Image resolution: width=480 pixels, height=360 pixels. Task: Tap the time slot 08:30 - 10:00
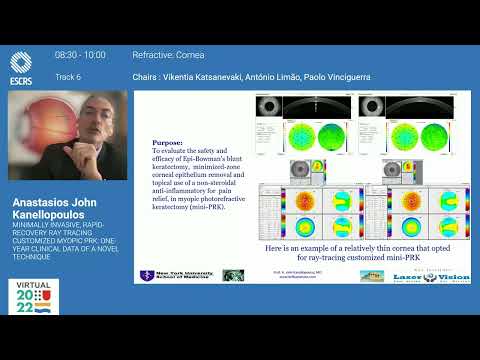[81, 55]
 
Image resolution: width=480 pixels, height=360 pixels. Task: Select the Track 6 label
[69, 76]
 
